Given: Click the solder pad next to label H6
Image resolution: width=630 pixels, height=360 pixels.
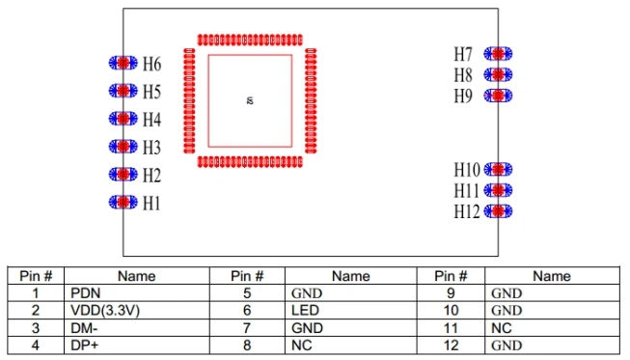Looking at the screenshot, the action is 123,63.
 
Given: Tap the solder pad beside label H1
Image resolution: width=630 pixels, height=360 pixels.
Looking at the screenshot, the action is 123,202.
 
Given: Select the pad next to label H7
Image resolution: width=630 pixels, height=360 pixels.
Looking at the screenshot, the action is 498,53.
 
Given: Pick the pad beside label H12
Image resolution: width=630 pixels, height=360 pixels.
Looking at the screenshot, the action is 498,211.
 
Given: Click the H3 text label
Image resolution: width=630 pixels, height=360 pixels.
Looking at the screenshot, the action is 151,148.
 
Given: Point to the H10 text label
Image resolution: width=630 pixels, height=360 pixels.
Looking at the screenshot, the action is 467,170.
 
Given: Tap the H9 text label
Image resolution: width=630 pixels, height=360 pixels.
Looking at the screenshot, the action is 463,96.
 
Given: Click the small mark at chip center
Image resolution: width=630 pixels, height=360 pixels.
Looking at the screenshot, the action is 250,100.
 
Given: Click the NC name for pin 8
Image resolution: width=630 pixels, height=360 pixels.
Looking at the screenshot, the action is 302,346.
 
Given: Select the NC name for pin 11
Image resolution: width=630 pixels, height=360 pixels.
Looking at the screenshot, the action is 502,328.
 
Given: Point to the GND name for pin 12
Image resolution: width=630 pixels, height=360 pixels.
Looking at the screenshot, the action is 507,346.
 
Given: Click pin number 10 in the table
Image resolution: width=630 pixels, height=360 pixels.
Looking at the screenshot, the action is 451,310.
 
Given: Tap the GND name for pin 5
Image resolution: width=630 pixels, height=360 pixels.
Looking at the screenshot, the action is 307,292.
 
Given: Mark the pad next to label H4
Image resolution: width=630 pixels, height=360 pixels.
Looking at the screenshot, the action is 123,118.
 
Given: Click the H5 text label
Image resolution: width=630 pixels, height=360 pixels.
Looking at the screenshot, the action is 151,92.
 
